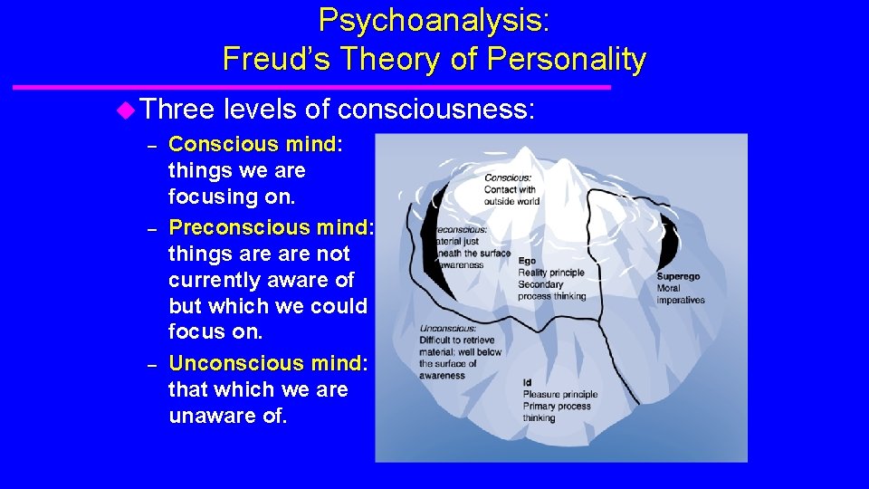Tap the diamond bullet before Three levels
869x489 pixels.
pyautogui.click(x=126, y=110)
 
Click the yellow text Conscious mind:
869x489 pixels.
pyautogui.click(x=256, y=144)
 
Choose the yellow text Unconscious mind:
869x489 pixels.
pyautogui.click(x=269, y=363)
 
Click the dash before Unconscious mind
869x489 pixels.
pyautogui.click(x=153, y=365)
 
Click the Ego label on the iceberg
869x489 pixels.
pyautogui.click(x=527, y=261)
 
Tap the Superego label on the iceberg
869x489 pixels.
pyautogui.click(x=678, y=277)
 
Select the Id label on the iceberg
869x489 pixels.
pyautogui.click(x=527, y=383)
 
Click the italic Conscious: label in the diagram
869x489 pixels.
pyautogui.click(x=508, y=178)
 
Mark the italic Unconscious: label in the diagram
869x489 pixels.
pyautogui.click(x=448, y=329)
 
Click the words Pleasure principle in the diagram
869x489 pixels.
pyautogui.click(x=560, y=395)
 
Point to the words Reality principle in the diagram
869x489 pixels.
pyautogui.click(x=551, y=273)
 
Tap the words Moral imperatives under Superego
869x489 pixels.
pyautogui.click(x=681, y=294)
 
